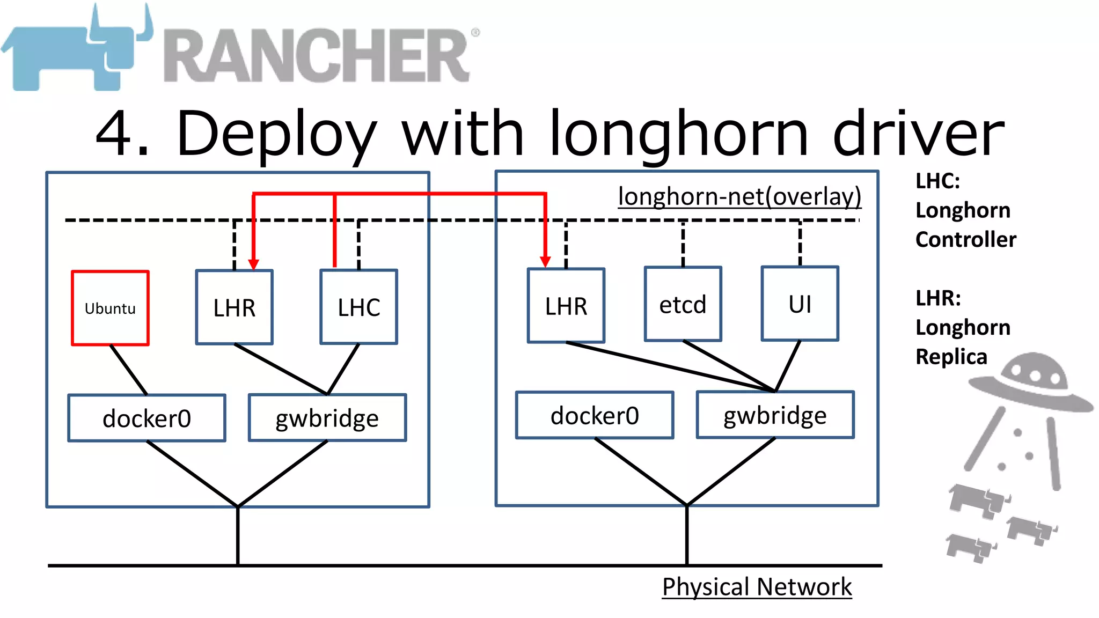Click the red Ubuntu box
pos(110,308)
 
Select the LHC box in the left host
pos(358,307)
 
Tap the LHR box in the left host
pos(234,307)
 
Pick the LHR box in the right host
pos(566,306)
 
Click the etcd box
pos(683,304)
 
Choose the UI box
pos(800,304)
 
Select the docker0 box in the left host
pos(146,418)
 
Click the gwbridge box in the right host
pos(775,415)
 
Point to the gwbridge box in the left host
pos(327,418)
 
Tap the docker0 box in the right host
pos(595,415)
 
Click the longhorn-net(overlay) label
pos(739,196)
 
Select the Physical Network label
pos(757,587)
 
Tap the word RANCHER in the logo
pos(317,56)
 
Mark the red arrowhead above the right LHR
pos(545,262)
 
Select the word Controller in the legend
pos(965,239)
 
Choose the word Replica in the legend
pos(951,357)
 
